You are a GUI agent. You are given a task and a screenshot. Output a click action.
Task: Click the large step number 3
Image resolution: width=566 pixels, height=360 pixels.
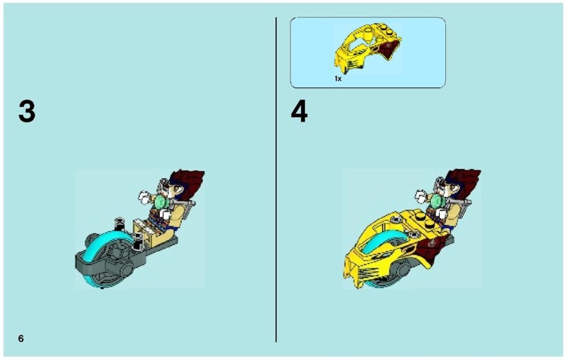(x=26, y=112)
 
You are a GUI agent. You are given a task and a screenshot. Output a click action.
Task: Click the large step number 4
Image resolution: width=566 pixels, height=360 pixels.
(x=300, y=112)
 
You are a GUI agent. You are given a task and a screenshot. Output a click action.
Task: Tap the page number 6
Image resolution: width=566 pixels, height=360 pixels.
(x=21, y=338)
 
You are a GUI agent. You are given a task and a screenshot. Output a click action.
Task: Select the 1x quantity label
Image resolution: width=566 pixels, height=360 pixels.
(x=338, y=78)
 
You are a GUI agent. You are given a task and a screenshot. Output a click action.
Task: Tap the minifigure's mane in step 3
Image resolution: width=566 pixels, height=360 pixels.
(x=190, y=184)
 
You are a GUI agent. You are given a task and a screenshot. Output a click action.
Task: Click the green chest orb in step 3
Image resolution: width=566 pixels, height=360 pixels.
(x=161, y=203)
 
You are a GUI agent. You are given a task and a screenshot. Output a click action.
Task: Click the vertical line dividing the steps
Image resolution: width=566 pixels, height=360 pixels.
(x=276, y=181)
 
